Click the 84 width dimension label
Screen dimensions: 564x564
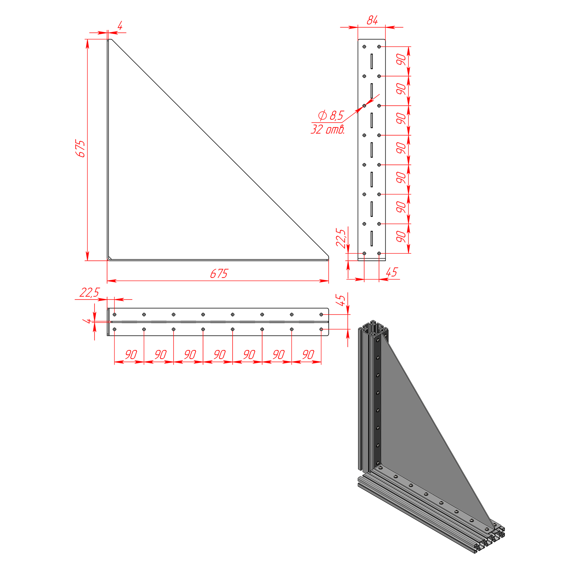(x=372, y=20)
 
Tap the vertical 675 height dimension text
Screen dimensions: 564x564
(x=80, y=148)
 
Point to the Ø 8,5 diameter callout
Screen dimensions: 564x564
(x=331, y=115)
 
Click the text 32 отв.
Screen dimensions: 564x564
(x=328, y=129)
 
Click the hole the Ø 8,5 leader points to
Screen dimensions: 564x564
(x=364, y=106)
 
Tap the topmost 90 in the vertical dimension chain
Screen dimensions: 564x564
(x=401, y=59)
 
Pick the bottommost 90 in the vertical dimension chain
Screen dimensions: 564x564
(x=401, y=236)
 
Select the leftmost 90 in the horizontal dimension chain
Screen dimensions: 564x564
(x=131, y=355)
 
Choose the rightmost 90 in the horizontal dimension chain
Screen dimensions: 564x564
(x=308, y=355)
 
